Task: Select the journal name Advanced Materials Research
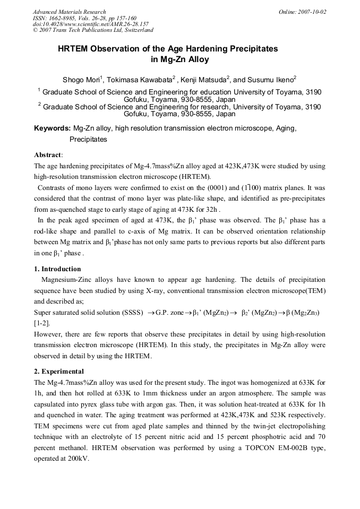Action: click(69, 12)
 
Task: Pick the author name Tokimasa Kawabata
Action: click(141, 80)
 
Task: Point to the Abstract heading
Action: click(48, 155)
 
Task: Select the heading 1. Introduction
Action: click(57, 269)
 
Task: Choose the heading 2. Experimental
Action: click(58, 372)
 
